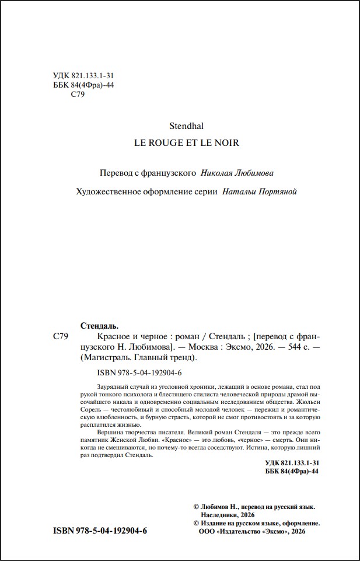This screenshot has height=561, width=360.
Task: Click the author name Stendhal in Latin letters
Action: tap(186, 124)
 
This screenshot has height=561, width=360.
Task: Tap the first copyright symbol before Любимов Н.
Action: tap(196, 508)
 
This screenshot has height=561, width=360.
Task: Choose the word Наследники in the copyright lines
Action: tap(220, 516)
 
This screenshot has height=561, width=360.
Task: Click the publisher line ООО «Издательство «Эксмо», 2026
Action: tap(252, 532)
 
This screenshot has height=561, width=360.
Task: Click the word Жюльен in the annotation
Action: tap(307, 403)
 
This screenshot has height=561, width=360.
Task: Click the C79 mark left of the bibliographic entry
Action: tap(61, 337)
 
